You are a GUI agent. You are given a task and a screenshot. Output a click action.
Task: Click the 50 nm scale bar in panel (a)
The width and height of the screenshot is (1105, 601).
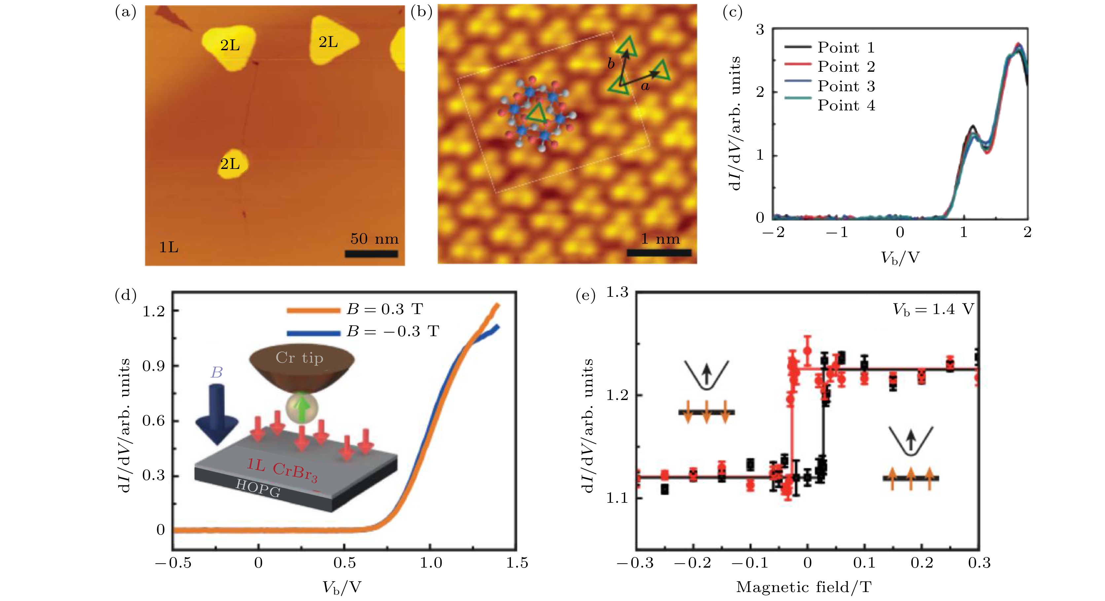point(371,254)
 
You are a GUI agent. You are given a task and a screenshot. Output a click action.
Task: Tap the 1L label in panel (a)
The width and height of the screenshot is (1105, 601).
point(168,247)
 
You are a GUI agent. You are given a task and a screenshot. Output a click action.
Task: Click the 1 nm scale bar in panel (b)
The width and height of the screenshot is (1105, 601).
point(659,253)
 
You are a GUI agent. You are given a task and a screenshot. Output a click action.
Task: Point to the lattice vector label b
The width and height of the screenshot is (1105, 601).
point(611,64)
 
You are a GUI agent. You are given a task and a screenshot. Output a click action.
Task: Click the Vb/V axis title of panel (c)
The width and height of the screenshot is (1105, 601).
point(900,258)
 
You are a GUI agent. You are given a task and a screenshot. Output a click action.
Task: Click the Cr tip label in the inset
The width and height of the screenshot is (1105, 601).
point(300,358)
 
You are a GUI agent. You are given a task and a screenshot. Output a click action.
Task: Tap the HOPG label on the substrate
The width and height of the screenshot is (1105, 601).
point(258,488)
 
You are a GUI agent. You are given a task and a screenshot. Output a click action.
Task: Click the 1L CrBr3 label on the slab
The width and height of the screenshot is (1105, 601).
point(282,470)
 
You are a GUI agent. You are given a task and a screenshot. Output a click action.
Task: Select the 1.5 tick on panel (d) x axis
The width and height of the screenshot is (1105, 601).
point(517,563)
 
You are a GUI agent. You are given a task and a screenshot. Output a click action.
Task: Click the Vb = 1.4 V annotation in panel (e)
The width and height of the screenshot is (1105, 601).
point(933,309)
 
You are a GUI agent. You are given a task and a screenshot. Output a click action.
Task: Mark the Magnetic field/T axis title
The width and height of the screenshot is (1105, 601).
point(803,587)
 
